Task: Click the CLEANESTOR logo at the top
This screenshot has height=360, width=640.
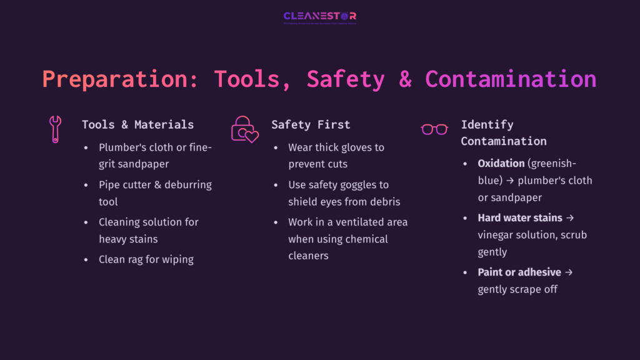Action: point(319,17)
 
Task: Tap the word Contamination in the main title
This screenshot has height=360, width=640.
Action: point(511,79)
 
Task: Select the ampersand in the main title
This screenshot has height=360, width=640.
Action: point(405,79)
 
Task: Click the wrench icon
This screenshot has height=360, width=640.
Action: point(55,129)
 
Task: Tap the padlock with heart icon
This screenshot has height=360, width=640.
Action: point(244,129)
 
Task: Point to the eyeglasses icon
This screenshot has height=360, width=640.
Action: point(434,129)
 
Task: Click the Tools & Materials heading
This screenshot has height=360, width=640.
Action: point(137,124)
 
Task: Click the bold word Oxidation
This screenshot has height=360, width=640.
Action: point(501,163)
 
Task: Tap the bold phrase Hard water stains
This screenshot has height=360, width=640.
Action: point(520,218)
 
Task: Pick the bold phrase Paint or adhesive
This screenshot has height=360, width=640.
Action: point(519,272)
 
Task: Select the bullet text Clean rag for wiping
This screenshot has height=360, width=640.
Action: point(146,259)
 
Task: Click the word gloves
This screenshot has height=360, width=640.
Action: point(354,147)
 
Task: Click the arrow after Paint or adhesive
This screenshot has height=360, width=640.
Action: point(569,272)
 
